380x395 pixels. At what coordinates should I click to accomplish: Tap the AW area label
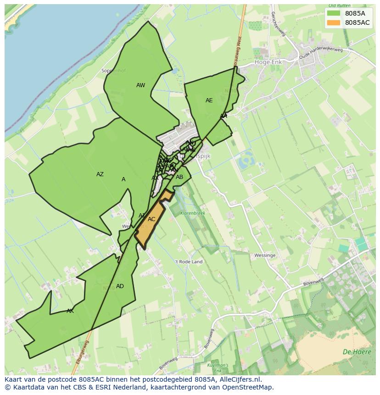140,85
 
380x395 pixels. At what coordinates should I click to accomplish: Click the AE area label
209,100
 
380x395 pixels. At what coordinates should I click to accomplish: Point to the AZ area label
100,174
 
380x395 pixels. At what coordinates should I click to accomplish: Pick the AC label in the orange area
151,219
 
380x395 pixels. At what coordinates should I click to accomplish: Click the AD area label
120,286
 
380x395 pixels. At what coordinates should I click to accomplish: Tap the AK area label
70,311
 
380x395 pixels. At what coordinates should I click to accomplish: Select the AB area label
179,177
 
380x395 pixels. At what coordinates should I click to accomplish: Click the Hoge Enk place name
268,61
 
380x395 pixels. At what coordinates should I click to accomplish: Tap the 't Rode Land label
189,262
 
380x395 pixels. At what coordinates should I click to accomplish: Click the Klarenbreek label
192,213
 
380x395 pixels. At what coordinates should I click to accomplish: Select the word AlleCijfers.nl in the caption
239,379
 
